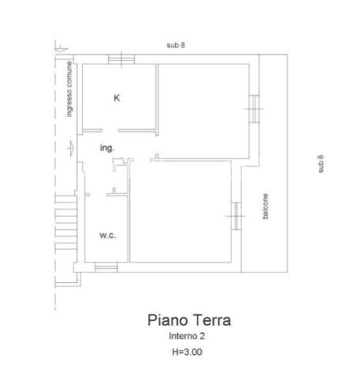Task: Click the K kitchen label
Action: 117,98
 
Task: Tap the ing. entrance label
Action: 107,148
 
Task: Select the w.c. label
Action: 108,235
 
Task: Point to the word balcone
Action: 265,207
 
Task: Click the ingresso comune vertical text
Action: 69,89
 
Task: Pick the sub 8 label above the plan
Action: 176,45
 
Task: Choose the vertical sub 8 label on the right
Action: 321,164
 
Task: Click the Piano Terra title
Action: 189,320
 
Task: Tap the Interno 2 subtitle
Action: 187,336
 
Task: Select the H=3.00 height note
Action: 187,352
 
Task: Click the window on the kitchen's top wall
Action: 121,59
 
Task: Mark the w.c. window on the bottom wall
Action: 106,267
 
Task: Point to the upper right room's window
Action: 254,109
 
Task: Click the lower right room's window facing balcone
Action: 236,216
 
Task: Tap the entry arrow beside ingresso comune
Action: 71,148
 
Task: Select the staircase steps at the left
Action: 66,222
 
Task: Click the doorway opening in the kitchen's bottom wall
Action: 110,131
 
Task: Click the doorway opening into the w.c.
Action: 98,195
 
